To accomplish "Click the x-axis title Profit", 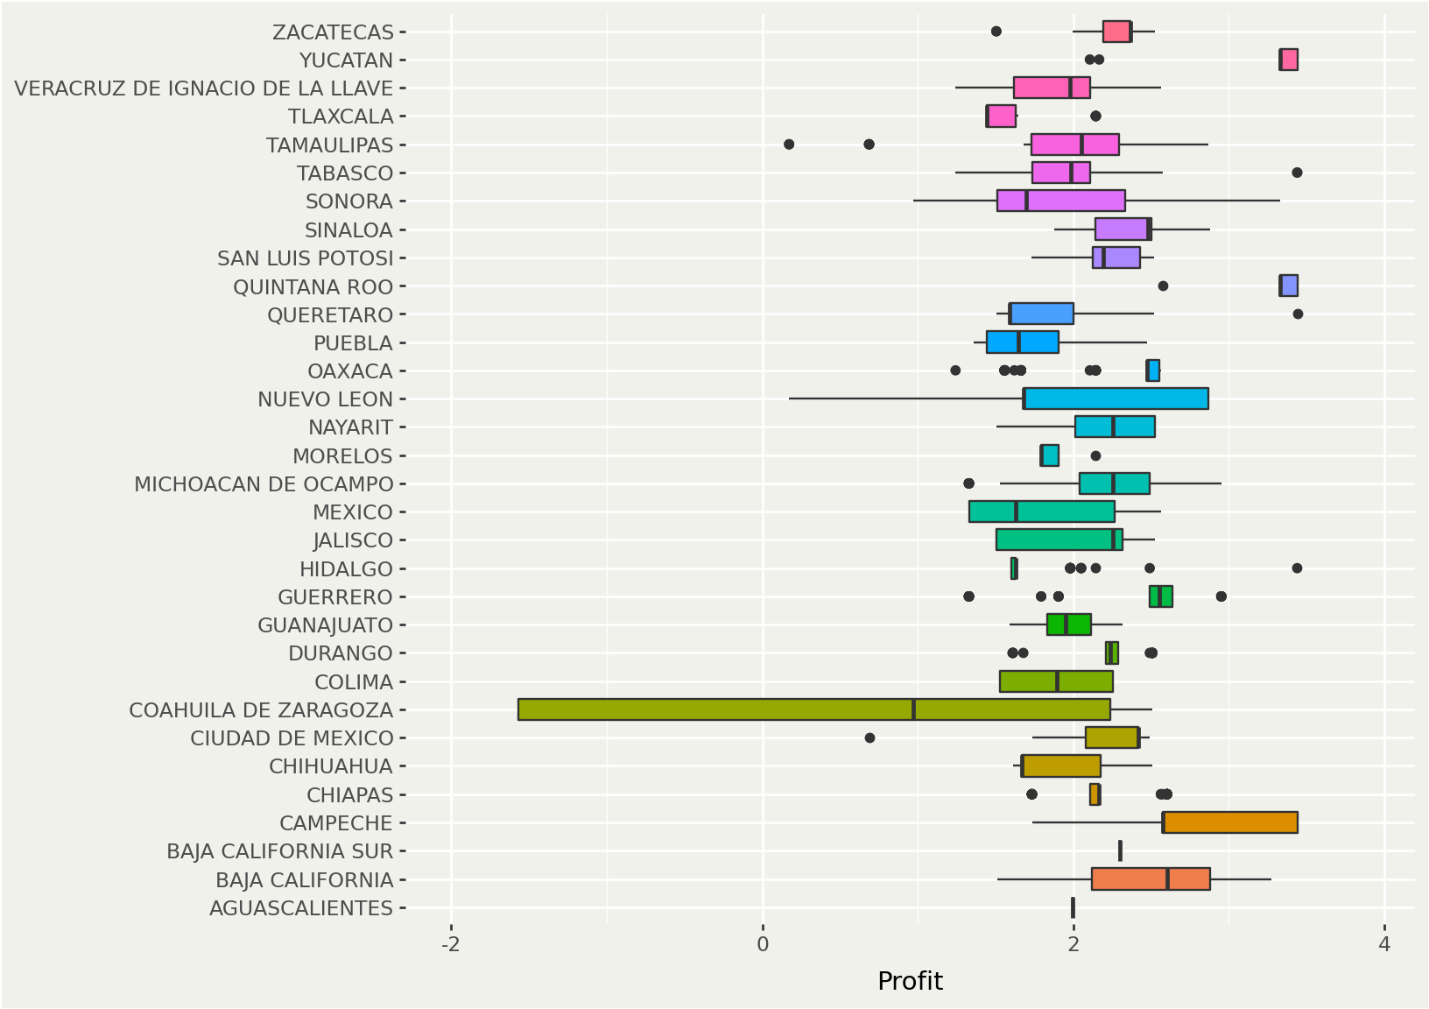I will tap(910, 981).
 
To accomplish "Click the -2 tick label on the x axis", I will tap(450, 944).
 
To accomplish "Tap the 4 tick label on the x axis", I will tap(1383, 944).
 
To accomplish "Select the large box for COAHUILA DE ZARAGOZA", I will tap(813, 709).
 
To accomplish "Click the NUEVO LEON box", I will tap(1116, 399).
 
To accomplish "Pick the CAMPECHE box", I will tap(1229, 822).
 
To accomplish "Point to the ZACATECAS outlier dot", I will tap(996, 32).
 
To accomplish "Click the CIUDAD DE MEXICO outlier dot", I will tap(869, 737).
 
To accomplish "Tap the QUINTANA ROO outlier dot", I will tap(1163, 286).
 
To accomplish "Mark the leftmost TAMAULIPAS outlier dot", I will tap(789, 144).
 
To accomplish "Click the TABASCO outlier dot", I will tap(1297, 173).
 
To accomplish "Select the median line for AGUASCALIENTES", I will tap(1073, 907).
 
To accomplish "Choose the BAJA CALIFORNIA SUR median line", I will tap(1120, 850).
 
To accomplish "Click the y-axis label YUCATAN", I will tap(346, 60).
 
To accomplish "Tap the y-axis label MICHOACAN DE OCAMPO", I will tap(264, 484).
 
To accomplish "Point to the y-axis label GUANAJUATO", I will tap(325, 625).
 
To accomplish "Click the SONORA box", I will tap(1060, 201).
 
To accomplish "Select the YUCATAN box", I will tap(1288, 60).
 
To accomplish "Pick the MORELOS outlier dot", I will tap(1095, 455).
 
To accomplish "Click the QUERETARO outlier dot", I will tap(1298, 314).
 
